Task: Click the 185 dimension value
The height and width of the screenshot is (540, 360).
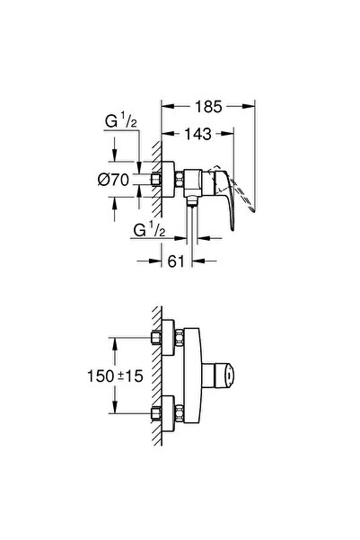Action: (208, 107)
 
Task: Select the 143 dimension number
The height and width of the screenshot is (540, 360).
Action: (198, 134)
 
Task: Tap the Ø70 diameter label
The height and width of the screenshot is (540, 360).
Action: (113, 180)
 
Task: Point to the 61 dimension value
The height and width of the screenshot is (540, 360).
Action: (176, 261)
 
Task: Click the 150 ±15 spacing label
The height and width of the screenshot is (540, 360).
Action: (115, 376)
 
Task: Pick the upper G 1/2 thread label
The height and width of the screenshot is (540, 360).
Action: (121, 121)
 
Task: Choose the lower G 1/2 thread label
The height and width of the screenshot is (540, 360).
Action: (149, 230)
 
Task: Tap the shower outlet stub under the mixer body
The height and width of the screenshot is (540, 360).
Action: (192, 201)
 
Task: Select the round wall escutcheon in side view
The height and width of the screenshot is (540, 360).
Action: (168, 180)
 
